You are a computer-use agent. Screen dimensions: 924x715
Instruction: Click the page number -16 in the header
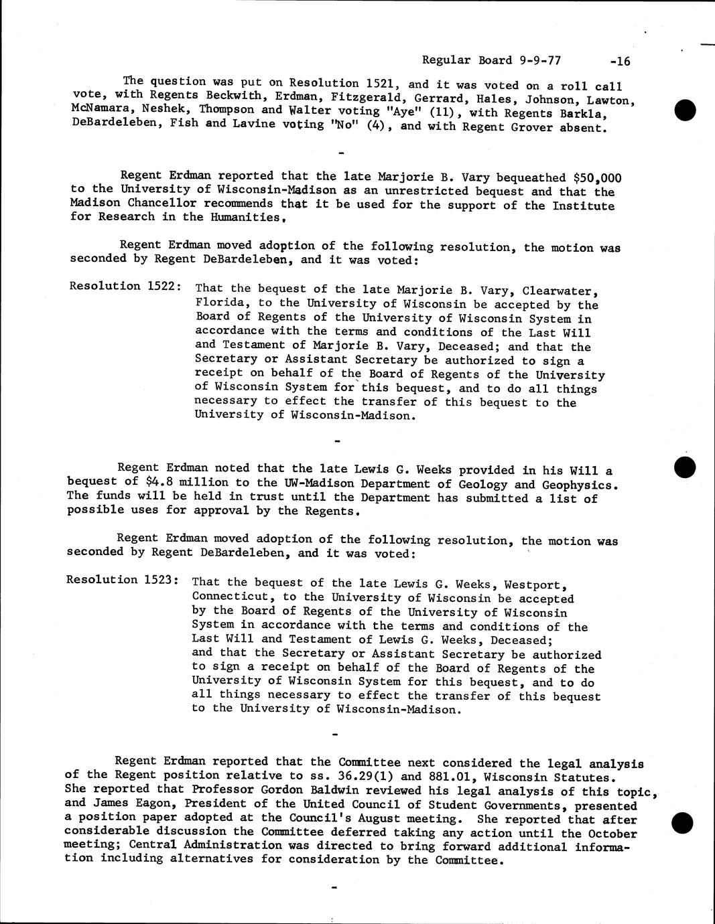point(621,62)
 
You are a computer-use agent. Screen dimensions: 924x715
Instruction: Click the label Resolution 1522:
point(125,286)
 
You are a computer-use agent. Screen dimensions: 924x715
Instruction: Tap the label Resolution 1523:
point(122,580)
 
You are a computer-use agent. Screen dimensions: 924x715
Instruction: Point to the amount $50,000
point(598,178)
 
